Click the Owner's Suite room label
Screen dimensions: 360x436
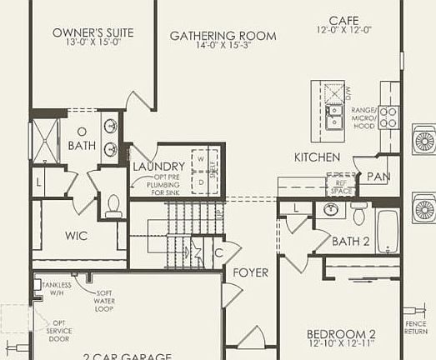coord(93,33)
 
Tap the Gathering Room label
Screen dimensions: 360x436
coord(223,36)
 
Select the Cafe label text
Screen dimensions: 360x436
coord(344,20)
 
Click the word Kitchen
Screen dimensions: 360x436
coord(317,157)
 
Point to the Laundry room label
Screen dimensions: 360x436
coord(158,167)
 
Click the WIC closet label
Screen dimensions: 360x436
coord(77,236)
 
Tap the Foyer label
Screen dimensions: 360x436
coord(250,272)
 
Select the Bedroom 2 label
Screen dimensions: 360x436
coord(343,336)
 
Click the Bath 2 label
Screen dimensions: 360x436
coord(351,242)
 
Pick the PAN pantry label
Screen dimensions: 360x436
coord(379,177)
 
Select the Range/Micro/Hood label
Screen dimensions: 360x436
coord(364,118)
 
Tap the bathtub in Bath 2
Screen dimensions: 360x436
coord(387,229)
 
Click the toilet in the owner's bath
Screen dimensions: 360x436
coord(114,204)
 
